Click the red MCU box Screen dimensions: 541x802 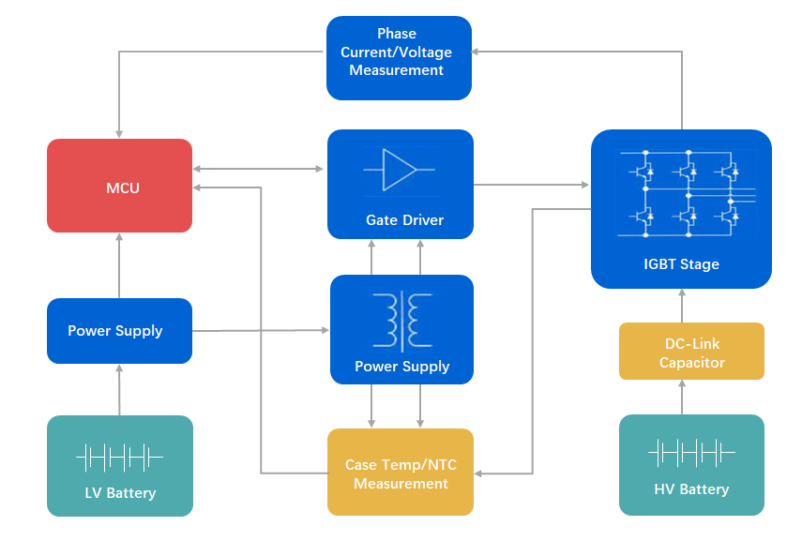pos(120,187)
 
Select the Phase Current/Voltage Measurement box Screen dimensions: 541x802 pos(398,57)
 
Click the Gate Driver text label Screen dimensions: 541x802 pos(404,220)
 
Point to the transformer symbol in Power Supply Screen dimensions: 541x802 pos(401,319)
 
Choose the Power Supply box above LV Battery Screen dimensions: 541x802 pos(119,331)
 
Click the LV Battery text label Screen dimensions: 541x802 pos(119,493)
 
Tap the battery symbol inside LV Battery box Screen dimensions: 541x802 pos(119,458)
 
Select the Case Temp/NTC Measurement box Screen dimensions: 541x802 pos(401,473)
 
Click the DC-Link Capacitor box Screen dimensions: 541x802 pos(691,352)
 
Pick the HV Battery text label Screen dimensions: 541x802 pos(691,489)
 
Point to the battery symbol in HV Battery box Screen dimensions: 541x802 pos(691,454)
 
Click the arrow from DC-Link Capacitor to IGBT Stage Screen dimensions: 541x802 pos(682,306)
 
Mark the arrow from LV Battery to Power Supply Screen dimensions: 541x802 pos(119,389)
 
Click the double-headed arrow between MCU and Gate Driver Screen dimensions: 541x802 pos(259,169)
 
